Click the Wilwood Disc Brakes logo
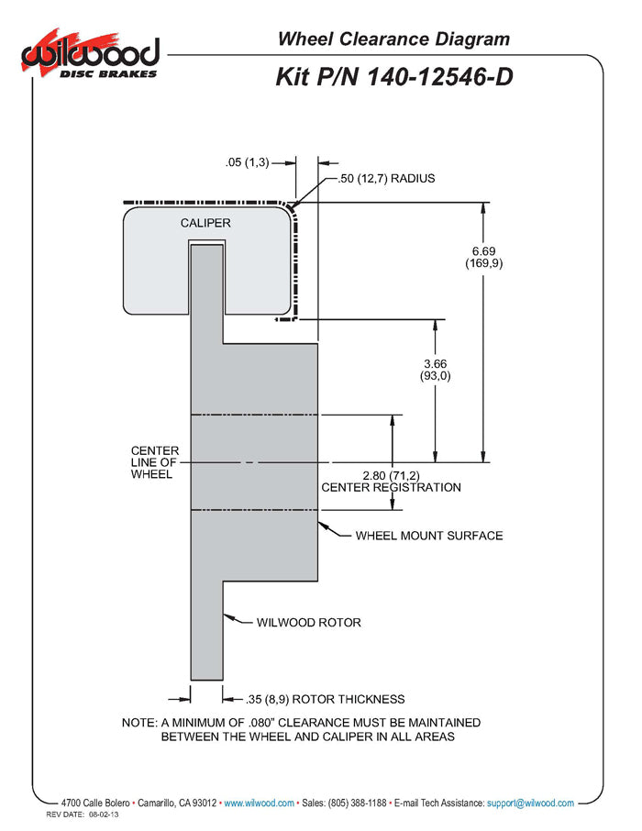pyautogui.click(x=91, y=57)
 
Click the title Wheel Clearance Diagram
pyautogui.click(x=393, y=39)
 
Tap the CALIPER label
pyautogui.click(x=205, y=223)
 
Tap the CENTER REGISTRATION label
pyautogui.click(x=391, y=487)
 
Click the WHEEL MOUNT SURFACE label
pyautogui.click(x=428, y=535)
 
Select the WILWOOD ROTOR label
pyautogui.click(x=308, y=622)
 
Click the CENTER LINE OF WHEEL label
pyautogui.click(x=155, y=462)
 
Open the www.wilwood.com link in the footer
pyautogui.click(x=260, y=803)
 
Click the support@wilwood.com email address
pyautogui.click(x=530, y=803)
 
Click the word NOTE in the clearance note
pyautogui.click(x=139, y=723)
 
